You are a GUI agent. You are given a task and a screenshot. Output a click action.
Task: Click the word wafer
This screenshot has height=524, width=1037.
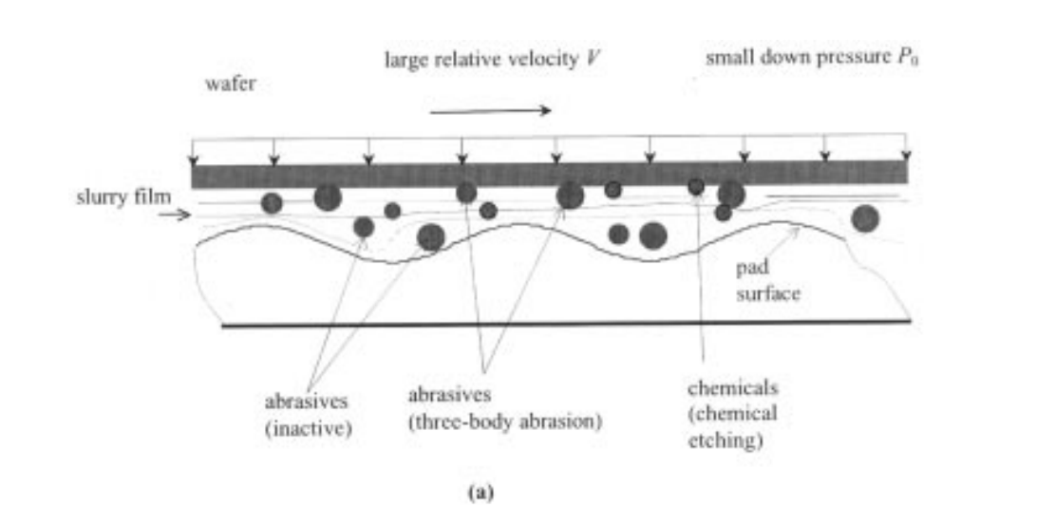coord(230,84)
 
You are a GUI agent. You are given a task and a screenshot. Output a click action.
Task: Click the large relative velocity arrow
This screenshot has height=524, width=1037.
coord(490,111)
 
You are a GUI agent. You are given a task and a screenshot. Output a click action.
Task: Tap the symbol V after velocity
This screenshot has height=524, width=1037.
coord(593,59)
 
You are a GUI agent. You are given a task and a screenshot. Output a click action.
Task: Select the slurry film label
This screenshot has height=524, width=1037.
coord(123,196)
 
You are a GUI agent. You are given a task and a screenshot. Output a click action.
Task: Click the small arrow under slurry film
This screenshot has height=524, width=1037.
coord(175,215)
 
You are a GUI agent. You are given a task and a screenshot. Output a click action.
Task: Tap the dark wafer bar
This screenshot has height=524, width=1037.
coord(550,175)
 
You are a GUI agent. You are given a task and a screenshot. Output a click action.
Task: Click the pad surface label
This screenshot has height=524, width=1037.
coord(768,280)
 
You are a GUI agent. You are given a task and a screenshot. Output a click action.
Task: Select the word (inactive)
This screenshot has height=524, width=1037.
coord(309,429)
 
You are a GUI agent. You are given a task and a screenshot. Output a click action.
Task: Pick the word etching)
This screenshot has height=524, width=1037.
coord(726,440)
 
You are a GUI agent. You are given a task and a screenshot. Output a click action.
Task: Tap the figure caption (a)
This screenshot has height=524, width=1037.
coord(481,493)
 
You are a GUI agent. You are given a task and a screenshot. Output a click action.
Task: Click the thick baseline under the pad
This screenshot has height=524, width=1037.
coord(566,324)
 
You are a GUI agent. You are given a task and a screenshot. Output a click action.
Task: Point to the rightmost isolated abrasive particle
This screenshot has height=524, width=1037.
coord(865,218)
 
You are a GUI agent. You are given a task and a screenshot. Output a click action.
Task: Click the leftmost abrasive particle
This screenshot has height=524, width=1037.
coord(272,203)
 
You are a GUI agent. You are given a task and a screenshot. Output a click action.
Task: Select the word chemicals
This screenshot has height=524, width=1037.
coord(733,387)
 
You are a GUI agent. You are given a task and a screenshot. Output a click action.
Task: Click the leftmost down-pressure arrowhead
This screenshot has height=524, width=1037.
coord(193,159)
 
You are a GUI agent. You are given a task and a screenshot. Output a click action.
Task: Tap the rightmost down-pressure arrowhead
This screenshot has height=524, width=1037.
coord(906,156)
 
